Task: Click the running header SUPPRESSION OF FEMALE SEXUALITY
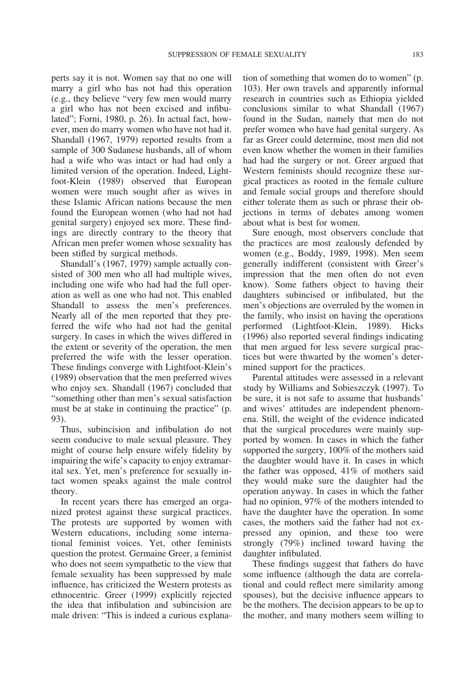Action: click(236, 54)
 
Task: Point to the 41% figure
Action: click(354, 471)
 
